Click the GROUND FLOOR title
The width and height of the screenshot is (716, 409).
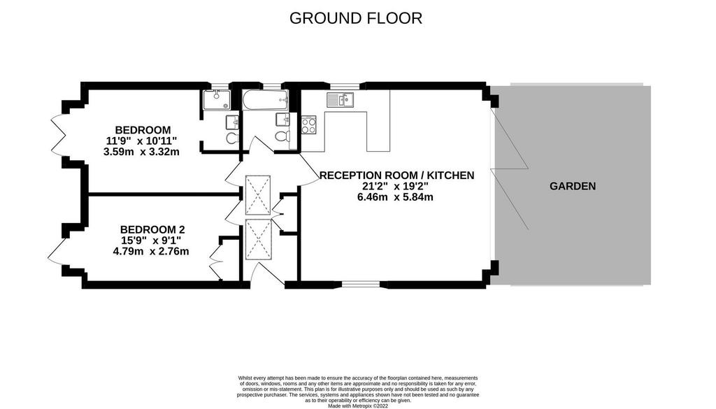coord(356,18)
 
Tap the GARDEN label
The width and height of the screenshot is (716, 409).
coord(573,186)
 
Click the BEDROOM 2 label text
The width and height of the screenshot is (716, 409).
coord(152,229)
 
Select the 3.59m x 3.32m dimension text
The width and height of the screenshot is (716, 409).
coord(141,152)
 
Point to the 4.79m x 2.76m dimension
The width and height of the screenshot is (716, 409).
coord(151,251)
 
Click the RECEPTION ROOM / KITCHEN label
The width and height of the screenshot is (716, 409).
coord(397,175)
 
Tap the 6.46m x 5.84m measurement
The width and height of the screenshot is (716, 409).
coord(395,197)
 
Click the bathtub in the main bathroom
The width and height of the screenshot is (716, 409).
coord(265,100)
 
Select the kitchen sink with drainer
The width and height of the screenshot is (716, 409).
coord(340,99)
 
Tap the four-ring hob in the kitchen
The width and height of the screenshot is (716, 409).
coord(308,124)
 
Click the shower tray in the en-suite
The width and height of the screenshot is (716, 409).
coord(217,99)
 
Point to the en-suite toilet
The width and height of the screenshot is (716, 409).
coord(232,138)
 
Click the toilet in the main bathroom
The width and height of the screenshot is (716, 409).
coord(281,136)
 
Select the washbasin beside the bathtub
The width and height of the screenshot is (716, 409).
coord(282,119)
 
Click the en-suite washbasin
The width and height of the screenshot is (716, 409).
coord(232,122)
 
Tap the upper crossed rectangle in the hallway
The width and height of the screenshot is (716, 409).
coord(258,195)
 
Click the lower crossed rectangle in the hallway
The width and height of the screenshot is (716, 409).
coord(258,239)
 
